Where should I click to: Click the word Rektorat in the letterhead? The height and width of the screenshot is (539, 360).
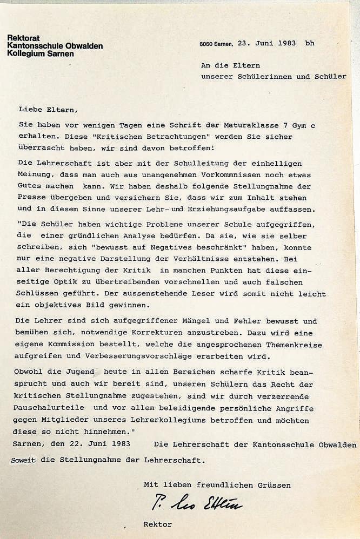[x=23, y=37]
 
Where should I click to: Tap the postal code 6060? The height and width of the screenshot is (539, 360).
[x=205, y=44]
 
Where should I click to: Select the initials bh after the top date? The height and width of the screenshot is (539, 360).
[x=309, y=43]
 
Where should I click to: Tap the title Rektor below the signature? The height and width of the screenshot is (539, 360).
[x=157, y=523]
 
